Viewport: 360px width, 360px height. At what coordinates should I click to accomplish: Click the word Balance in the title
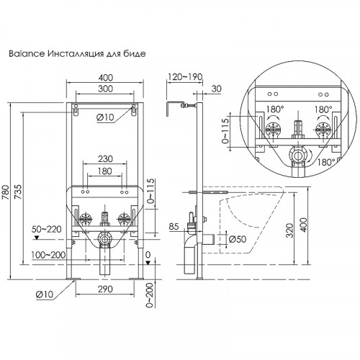coord(23,54)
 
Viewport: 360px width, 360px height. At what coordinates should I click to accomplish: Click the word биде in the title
coord(136,54)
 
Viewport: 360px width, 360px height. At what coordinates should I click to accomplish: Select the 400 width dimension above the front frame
coord(107,77)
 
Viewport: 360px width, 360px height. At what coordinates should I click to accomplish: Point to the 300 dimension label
coord(107,89)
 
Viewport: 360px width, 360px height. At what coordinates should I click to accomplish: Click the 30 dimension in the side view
coord(217,89)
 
